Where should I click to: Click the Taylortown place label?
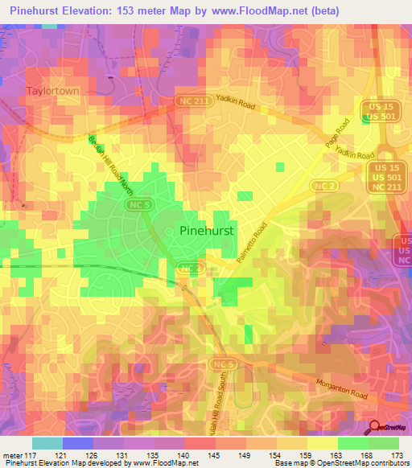click(52, 91)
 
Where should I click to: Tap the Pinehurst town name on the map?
click(207, 229)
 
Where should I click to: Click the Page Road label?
click(343, 130)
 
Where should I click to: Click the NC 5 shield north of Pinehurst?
click(136, 206)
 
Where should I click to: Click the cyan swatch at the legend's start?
click(47, 443)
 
